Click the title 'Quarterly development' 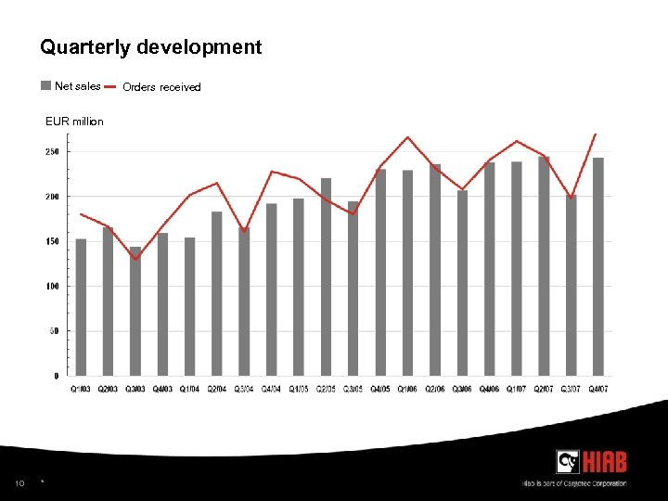click(150, 46)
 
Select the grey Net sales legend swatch click(46, 86)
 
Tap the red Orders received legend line click(109, 86)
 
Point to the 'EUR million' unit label click(74, 122)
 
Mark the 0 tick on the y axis click(57, 376)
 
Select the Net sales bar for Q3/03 click(135, 311)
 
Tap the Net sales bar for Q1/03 click(81, 306)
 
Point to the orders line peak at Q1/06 click(407, 137)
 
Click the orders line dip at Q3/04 click(243, 231)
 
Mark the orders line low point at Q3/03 click(135, 259)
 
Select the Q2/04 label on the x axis click(217, 389)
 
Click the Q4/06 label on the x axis click(489, 389)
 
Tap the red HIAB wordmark click(604, 461)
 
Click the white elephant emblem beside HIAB click(568, 461)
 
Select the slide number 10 click(19, 482)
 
